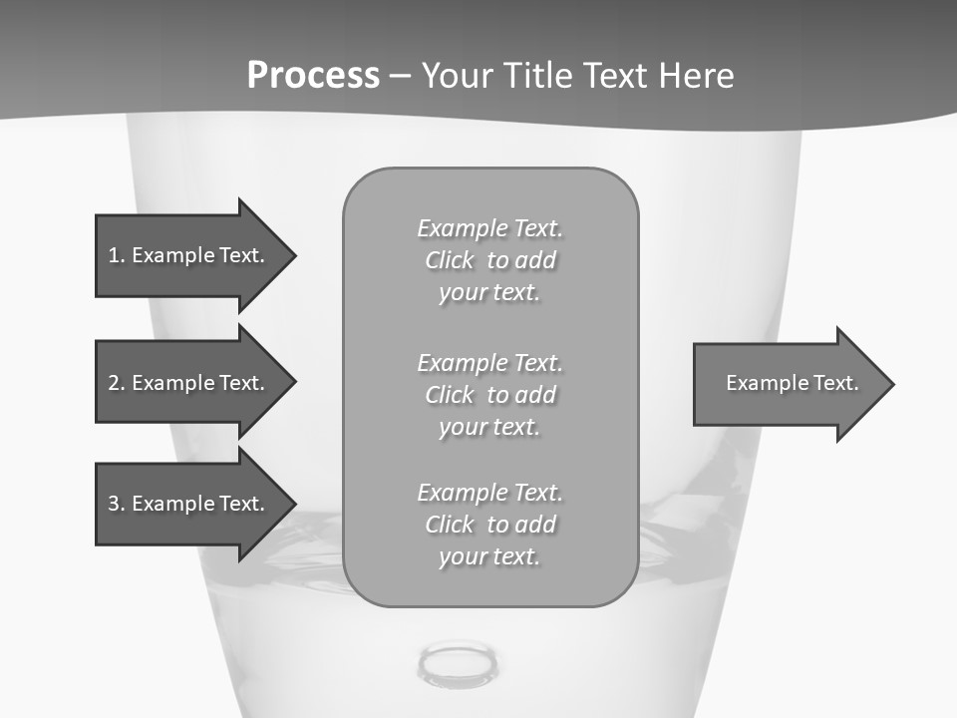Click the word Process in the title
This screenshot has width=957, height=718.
313,75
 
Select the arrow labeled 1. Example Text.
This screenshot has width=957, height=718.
189,255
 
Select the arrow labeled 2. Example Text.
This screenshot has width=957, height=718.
189,383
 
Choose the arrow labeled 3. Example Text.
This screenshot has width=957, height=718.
189,504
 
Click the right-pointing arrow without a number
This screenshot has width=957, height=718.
788,384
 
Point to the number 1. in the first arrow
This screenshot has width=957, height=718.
116,255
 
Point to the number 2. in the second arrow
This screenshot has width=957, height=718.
116,383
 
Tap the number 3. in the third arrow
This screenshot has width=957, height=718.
116,504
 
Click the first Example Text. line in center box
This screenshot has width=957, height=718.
489,228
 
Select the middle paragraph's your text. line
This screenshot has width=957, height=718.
489,427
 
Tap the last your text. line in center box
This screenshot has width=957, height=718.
489,556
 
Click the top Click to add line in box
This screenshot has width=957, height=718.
489,260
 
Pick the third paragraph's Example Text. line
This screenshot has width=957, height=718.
489,493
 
